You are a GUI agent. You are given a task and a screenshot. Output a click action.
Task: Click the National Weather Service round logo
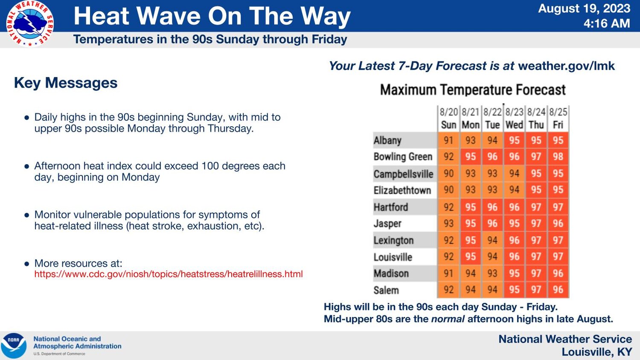(30, 24)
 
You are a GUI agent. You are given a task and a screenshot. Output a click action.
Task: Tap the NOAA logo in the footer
(14, 345)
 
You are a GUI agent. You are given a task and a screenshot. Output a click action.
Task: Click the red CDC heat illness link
(168, 274)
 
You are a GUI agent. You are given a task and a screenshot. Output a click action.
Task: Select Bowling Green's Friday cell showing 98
(558, 157)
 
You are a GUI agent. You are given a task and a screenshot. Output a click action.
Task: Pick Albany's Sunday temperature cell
(448, 140)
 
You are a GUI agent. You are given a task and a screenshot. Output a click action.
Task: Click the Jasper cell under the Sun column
(448, 223)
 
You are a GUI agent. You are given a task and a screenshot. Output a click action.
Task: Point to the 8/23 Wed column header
(514, 119)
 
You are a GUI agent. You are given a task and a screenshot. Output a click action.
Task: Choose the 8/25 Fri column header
(558, 119)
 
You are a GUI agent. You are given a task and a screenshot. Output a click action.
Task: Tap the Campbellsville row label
(403, 174)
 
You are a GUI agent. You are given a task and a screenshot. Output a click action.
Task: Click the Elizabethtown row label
(402, 190)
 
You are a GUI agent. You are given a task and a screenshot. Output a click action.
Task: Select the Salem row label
(386, 290)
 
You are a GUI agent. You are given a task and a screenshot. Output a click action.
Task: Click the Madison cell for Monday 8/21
(470, 273)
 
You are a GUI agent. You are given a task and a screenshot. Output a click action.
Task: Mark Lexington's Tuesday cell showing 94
(492, 240)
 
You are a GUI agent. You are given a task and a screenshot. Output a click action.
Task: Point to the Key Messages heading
(66, 83)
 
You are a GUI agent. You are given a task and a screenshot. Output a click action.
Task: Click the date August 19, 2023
(584, 9)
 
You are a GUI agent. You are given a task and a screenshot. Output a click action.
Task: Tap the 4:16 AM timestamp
(607, 23)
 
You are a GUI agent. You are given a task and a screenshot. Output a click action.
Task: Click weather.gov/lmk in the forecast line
(566, 66)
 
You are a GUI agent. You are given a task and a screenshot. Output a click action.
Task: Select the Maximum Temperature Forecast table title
(473, 90)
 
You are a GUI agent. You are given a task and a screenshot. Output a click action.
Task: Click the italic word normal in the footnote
(448, 319)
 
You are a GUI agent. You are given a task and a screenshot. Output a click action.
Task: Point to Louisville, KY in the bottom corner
(597, 352)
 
